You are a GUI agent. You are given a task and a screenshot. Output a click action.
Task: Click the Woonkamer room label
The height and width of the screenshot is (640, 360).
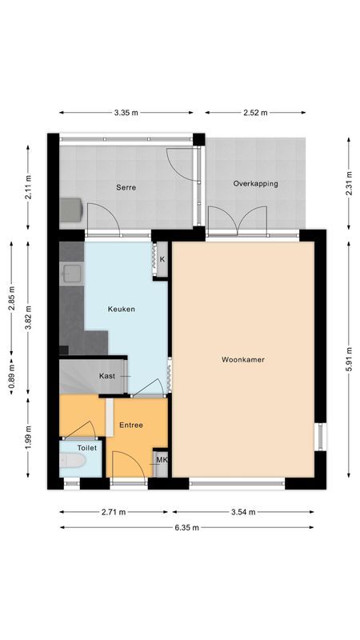click(x=242, y=360)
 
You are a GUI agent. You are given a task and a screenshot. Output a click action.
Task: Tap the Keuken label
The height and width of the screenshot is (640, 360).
click(x=122, y=309)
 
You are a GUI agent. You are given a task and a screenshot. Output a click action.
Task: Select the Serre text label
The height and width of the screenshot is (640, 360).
click(x=126, y=187)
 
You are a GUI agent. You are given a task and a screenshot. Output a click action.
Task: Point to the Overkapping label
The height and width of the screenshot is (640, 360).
click(x=255, y=183)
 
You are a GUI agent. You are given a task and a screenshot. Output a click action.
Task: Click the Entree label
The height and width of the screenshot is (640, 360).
click(x=131, y=425)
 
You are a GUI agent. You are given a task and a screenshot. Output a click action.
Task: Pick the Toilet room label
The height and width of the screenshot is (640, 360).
click(x=86, y=448)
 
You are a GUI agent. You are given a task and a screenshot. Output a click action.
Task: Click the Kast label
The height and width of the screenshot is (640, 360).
click(x=107, y=376)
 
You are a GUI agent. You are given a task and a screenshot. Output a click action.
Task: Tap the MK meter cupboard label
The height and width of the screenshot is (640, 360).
click(x=161, y=460)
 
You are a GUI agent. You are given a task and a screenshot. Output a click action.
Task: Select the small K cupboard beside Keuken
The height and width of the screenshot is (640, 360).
click(x=162, y=260)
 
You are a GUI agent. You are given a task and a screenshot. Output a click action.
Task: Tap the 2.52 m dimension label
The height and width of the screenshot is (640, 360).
click(x=257, y=113)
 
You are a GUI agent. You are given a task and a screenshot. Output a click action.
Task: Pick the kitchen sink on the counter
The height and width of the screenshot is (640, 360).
click(x=71, y=274)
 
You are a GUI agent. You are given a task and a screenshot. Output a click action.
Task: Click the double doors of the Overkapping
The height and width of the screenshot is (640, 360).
click(x=237, y=220)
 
